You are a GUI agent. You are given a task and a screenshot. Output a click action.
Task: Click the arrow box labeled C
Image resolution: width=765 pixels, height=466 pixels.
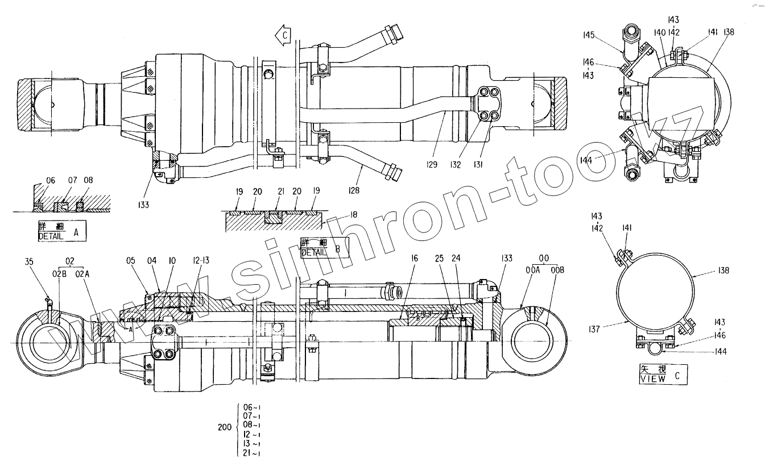[x=283, y=35]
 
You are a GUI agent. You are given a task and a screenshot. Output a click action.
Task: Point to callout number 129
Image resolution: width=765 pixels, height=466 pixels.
[x=432, y=165]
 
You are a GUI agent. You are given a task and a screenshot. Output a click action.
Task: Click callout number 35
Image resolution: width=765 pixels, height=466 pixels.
[x=30, y=262]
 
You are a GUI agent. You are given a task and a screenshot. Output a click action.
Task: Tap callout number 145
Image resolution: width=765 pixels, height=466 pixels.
[x=588, y=35]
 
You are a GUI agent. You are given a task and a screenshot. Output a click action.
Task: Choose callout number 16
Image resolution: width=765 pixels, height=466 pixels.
[x=413, y=259]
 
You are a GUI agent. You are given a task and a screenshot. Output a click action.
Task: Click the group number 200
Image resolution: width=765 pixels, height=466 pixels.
[x=225, y=427]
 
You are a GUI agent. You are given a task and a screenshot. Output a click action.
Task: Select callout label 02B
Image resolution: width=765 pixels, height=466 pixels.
[x=63, y=274]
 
